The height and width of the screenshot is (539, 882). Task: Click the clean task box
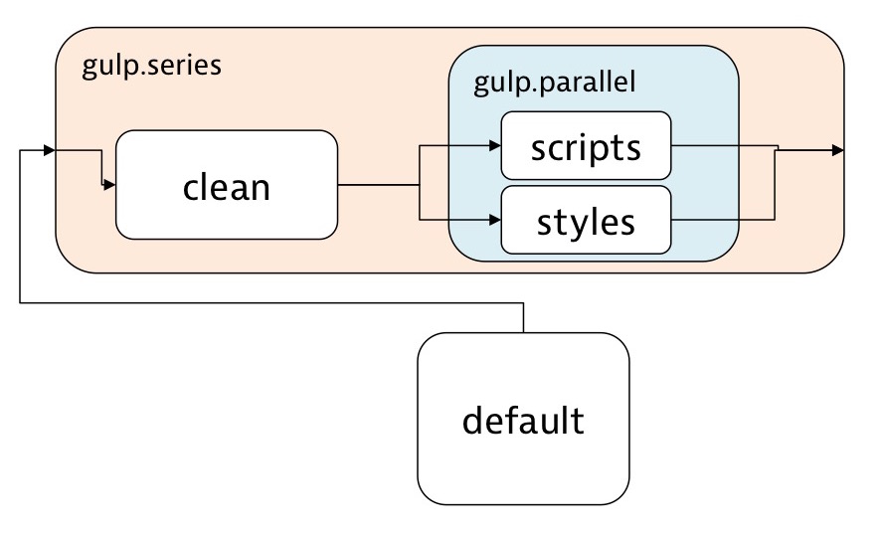[x=227, y=185]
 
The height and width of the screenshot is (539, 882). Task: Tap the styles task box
[x=586, y=220]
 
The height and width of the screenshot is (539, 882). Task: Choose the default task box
[x=523, y=420]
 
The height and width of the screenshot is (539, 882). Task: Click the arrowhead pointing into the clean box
[x=110, y=185]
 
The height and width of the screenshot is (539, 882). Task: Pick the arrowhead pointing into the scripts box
[x=494, y=147]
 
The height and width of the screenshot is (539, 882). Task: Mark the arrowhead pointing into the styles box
[x=494, y=219]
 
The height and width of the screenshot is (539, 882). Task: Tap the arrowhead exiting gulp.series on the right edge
[x=838, y=150]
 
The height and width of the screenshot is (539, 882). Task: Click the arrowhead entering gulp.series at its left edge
[x=49, y=151]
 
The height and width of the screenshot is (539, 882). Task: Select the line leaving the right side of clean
[x=378, y=185]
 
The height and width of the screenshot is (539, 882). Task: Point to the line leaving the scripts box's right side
[x=723, y=145]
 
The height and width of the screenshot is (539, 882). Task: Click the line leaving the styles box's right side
[x=723, y=219]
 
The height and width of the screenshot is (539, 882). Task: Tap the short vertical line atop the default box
[x=523, y=318]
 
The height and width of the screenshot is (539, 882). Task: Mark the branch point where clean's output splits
[x=421, y=185]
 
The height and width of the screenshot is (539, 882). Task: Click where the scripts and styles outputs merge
[x=776, y=150]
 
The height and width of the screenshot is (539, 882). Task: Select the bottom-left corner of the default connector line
[x=20, y=303]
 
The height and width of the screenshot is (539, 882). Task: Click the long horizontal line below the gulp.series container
[x=268, y=303]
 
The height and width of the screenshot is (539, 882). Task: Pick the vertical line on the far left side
[x=20, y=229]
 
